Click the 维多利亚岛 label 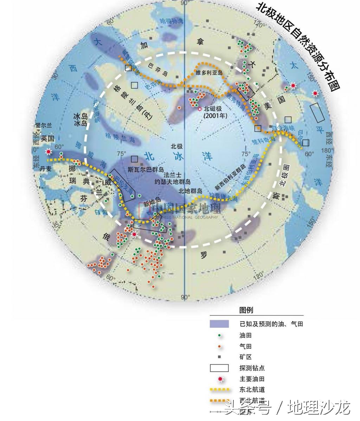click(209, 73)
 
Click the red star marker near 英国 click(49, 152)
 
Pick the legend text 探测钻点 click(252, 368)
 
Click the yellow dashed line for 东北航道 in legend click(219, 390)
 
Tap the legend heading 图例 click(246, 310)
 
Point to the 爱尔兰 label click(43, 125)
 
